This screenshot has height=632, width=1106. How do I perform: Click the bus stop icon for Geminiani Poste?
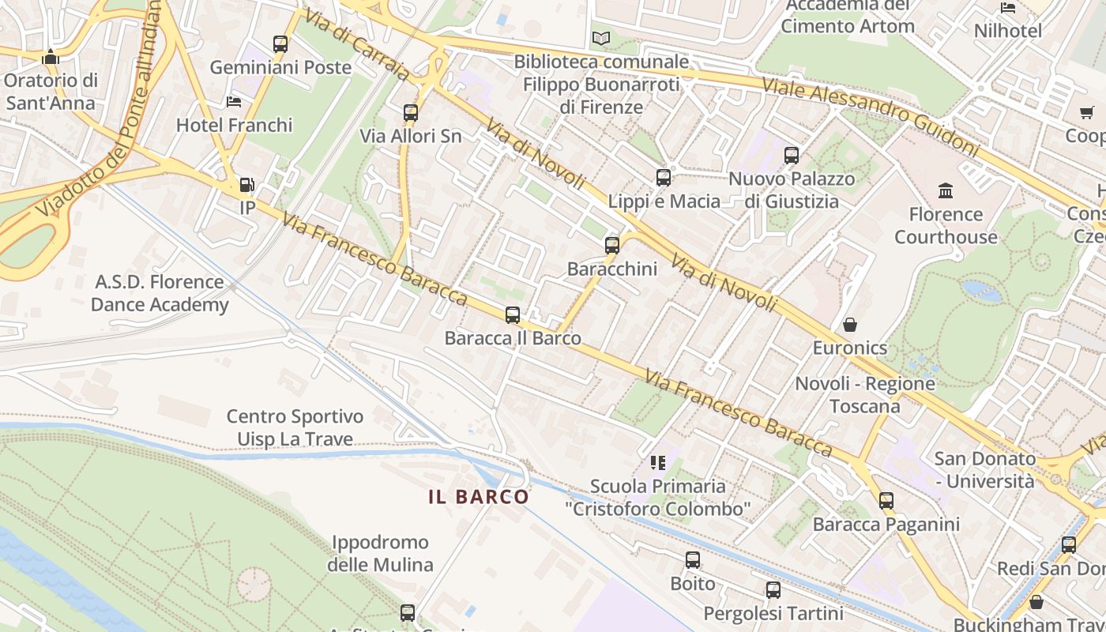click(280, 44)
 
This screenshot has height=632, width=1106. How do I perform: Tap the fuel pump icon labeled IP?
click(247, 185)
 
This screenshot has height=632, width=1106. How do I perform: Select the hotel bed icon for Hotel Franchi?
click(234, 102)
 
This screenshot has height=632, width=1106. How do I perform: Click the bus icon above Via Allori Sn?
click(410, 113)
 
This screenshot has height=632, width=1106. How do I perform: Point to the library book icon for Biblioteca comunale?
click(601, 38)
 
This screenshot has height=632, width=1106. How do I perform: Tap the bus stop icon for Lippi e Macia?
click(664, 179)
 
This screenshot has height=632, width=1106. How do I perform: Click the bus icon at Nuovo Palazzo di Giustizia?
click(792, 156)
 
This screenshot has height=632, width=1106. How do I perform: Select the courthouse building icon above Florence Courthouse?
click(946, 190)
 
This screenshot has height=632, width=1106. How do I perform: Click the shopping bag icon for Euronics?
click(850, 325)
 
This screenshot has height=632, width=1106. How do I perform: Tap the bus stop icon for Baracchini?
click(612, 246)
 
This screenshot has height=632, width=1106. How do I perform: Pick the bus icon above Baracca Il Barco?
click(513, 315)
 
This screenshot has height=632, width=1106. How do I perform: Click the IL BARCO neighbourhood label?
click(479, 497)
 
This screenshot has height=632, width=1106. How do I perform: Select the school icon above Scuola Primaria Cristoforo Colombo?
click(657, 463)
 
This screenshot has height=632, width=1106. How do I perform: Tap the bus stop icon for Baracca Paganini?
click(886, 501)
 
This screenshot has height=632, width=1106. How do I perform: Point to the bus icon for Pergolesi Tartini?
click(773, 590)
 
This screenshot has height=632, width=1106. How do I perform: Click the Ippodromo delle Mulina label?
click(380, 554)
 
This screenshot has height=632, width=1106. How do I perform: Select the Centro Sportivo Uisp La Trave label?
click(295, 427)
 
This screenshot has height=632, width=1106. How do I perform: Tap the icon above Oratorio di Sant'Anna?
click(51, 57)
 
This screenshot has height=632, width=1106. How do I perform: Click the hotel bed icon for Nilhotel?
click(1008, 8)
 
